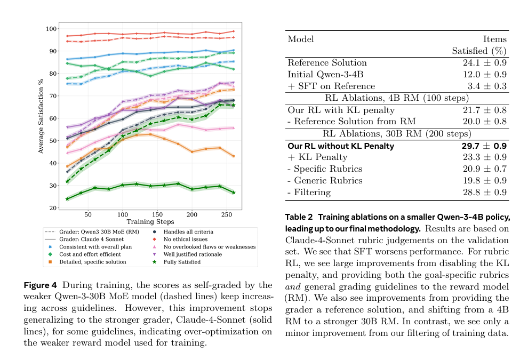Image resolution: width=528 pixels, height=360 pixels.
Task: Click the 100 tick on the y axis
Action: (51, 28)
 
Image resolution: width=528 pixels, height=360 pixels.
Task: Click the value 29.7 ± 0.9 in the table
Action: (482, 146)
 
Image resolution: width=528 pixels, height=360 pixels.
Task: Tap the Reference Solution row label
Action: (327, 62)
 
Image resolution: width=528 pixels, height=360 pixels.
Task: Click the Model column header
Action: (301, 39)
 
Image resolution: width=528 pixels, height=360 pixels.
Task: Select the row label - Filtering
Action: (309, 192)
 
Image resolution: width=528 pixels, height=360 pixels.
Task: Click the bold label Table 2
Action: (301, 217)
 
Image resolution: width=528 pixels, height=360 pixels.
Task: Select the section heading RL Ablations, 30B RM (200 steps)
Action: (397, 133)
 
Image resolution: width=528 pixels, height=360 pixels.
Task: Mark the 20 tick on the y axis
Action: (53, 208)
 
